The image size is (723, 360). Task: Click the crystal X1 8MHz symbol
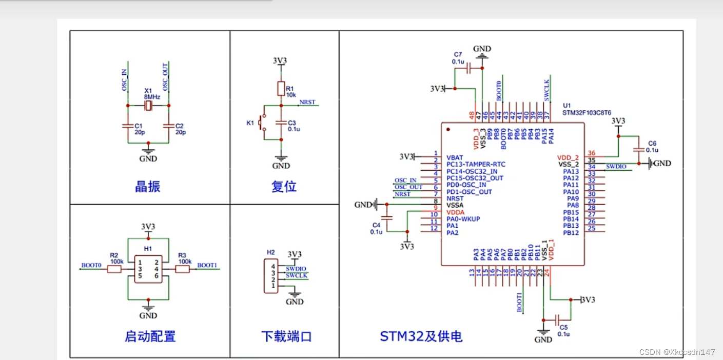coord(148,106)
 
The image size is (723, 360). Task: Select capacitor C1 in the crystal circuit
coord(127,125)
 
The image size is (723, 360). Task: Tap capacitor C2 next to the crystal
coord(169,125)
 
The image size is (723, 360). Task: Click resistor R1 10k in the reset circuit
coord(281,89)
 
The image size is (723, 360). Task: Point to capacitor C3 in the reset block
coord(281,123)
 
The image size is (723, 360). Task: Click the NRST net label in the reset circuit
coord(307,102)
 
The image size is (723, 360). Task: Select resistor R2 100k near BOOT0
coord(114,269)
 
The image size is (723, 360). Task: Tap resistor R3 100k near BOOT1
coord(183,269)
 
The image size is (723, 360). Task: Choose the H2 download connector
coord(271,276)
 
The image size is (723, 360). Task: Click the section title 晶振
coord(148,187)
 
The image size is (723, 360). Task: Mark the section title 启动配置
coord(150,336)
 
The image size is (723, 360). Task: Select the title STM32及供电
coord(421,336)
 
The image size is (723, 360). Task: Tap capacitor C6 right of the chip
coord(638,150)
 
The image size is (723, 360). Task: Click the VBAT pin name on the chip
coord(455,157)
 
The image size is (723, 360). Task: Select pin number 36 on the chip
coord(592,153)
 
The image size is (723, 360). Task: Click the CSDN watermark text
coord(677,352)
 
